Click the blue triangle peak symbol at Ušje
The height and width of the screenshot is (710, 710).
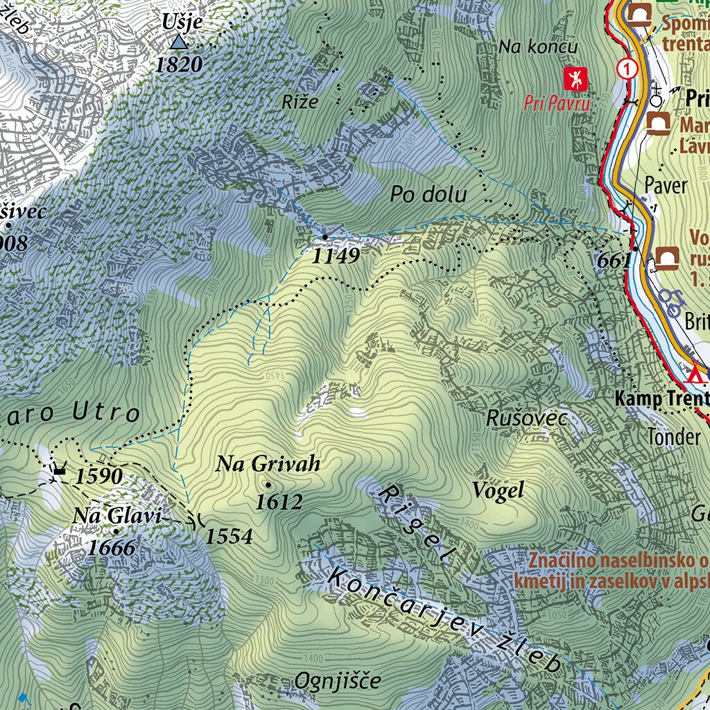pyautogui.click(x=180, y=43)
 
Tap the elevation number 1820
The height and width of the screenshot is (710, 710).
pyautogui.click(x=180, y=66)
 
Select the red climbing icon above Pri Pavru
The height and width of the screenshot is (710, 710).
pyautogui.click(x=575, y=79)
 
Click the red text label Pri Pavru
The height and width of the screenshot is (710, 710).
pyautogui.click(x=557, y=105)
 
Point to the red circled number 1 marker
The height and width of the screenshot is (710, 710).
pyautogui.click(x=627, y=69)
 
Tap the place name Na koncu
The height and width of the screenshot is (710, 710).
pyautogui.click(x=538, y=47)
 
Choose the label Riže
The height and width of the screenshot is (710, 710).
pyautogui.click(x=300, y=101)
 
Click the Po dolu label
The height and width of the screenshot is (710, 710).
pyautogui.click(x=428, y=195)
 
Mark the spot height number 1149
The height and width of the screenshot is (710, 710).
pyautogui.click(x=336, y=257)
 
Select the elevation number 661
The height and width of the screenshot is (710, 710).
pyautogui.click(x=614, y=261)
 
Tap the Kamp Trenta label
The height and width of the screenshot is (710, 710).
pyautogui.click(x=661, y=399)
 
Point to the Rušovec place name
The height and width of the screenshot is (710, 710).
pyautogui.click(x=526, y=418)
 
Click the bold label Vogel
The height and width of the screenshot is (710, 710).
pyautogui.click(x=497, y=491)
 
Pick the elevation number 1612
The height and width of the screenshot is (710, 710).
pyautogui.click(x=279, y=502)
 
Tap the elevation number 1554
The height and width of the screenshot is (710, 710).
pyautogui.click(x=229, y=535)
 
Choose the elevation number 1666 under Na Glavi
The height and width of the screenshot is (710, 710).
pyautogui.click(x=112, y=548)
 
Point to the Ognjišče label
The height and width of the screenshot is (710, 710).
pyautogui.click(x=338, y=681)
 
